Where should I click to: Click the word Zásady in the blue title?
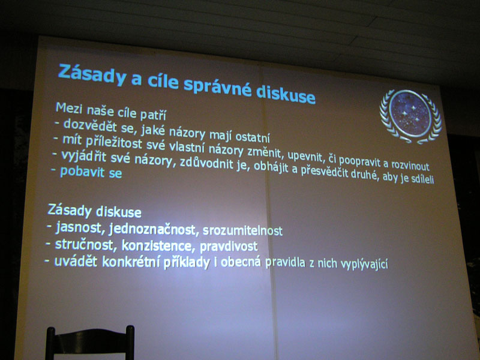[x=92, y=74]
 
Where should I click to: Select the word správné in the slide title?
[x=218, y=87]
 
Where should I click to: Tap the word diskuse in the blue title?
[x=286, y=94]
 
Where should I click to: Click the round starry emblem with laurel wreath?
[x=410, y=116]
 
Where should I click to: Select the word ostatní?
[x=253, y=137]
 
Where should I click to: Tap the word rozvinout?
[x=410, y=166]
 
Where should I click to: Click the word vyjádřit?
[x=83, y=157]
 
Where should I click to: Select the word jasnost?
[x=79, y=228]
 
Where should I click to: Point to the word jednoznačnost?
[x=152, y=230]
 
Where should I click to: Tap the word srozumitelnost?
[x=242, y=230]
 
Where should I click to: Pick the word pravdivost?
[x=229, y=247]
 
